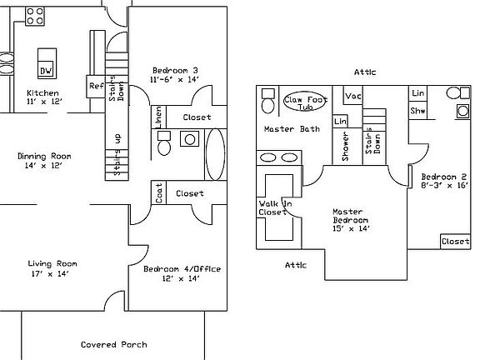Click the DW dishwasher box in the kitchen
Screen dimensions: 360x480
pyautogui.click(x=47, y=68)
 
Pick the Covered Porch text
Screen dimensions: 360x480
pyautogui.click(x=114, y=344)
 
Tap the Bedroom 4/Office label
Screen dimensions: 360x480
pyautogui.click(x=182, y=272)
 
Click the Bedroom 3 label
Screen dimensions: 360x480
pyautogui.click(x=175, y=74)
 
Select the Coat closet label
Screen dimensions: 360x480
pyautogui.click(x=158, y=193)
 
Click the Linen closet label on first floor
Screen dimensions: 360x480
pyautogui.click(x=158, y=117)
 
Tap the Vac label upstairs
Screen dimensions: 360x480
pyautogui.click(x=353, y=97)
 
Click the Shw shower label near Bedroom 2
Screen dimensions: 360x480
pyautogui.click(x=418, y=111)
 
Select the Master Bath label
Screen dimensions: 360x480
pyautogui.click(x=292, y=129)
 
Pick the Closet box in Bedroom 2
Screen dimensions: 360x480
pyautogui.click(x=455, y=241)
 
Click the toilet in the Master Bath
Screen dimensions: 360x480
pyautogui.click(x=267, y=102)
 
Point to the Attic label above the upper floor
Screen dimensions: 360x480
pyautogui.click(x=364, y=72)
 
